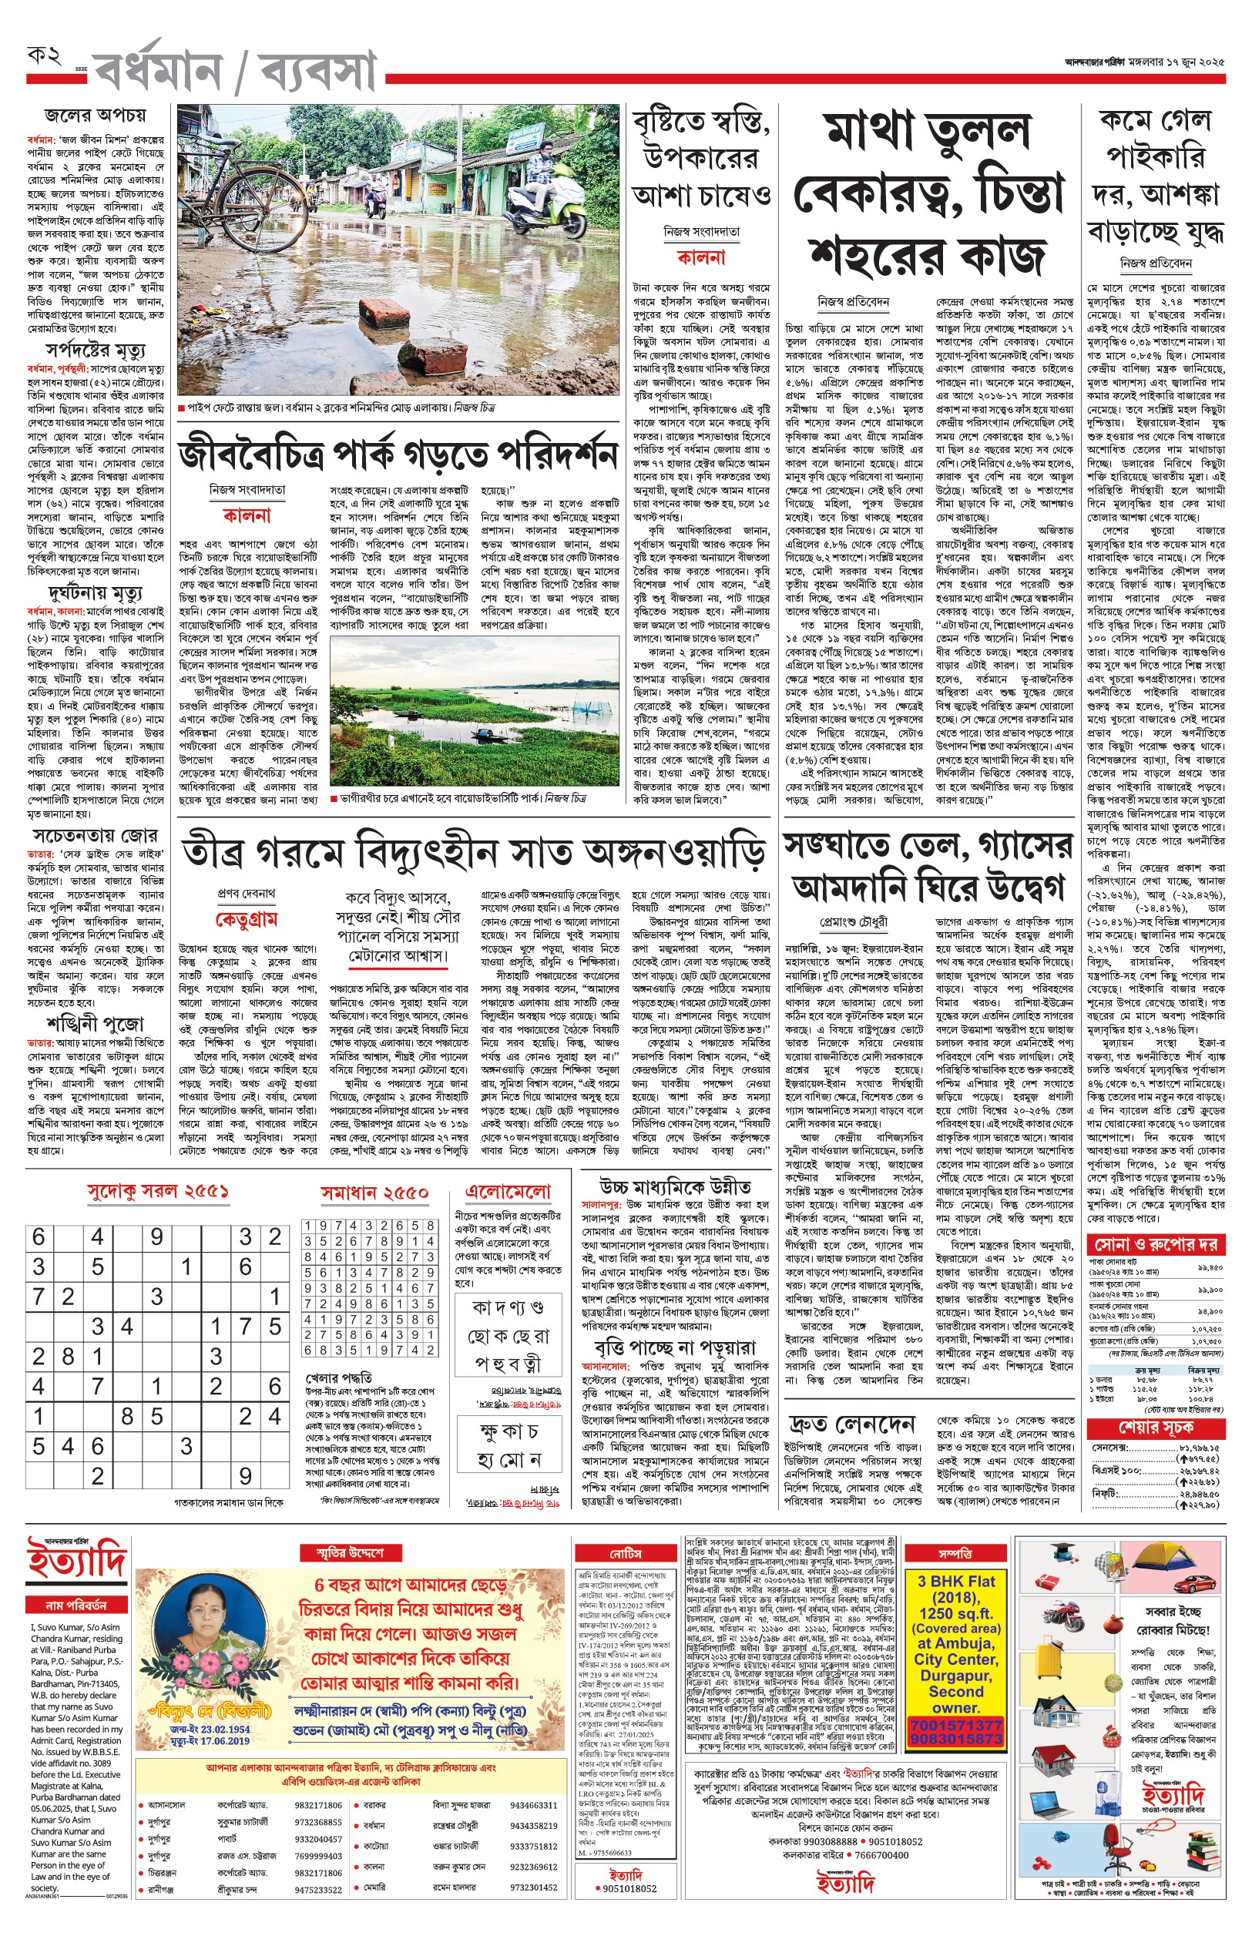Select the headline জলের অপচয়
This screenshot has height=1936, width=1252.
point(95,115)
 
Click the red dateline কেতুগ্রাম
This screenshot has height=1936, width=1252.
point(246,919)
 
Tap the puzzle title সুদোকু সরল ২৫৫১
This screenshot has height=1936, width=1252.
point(158,1192)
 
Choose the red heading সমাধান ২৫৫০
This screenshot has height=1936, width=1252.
point(374,1193)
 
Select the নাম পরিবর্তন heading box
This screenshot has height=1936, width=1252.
point(76,1605)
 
